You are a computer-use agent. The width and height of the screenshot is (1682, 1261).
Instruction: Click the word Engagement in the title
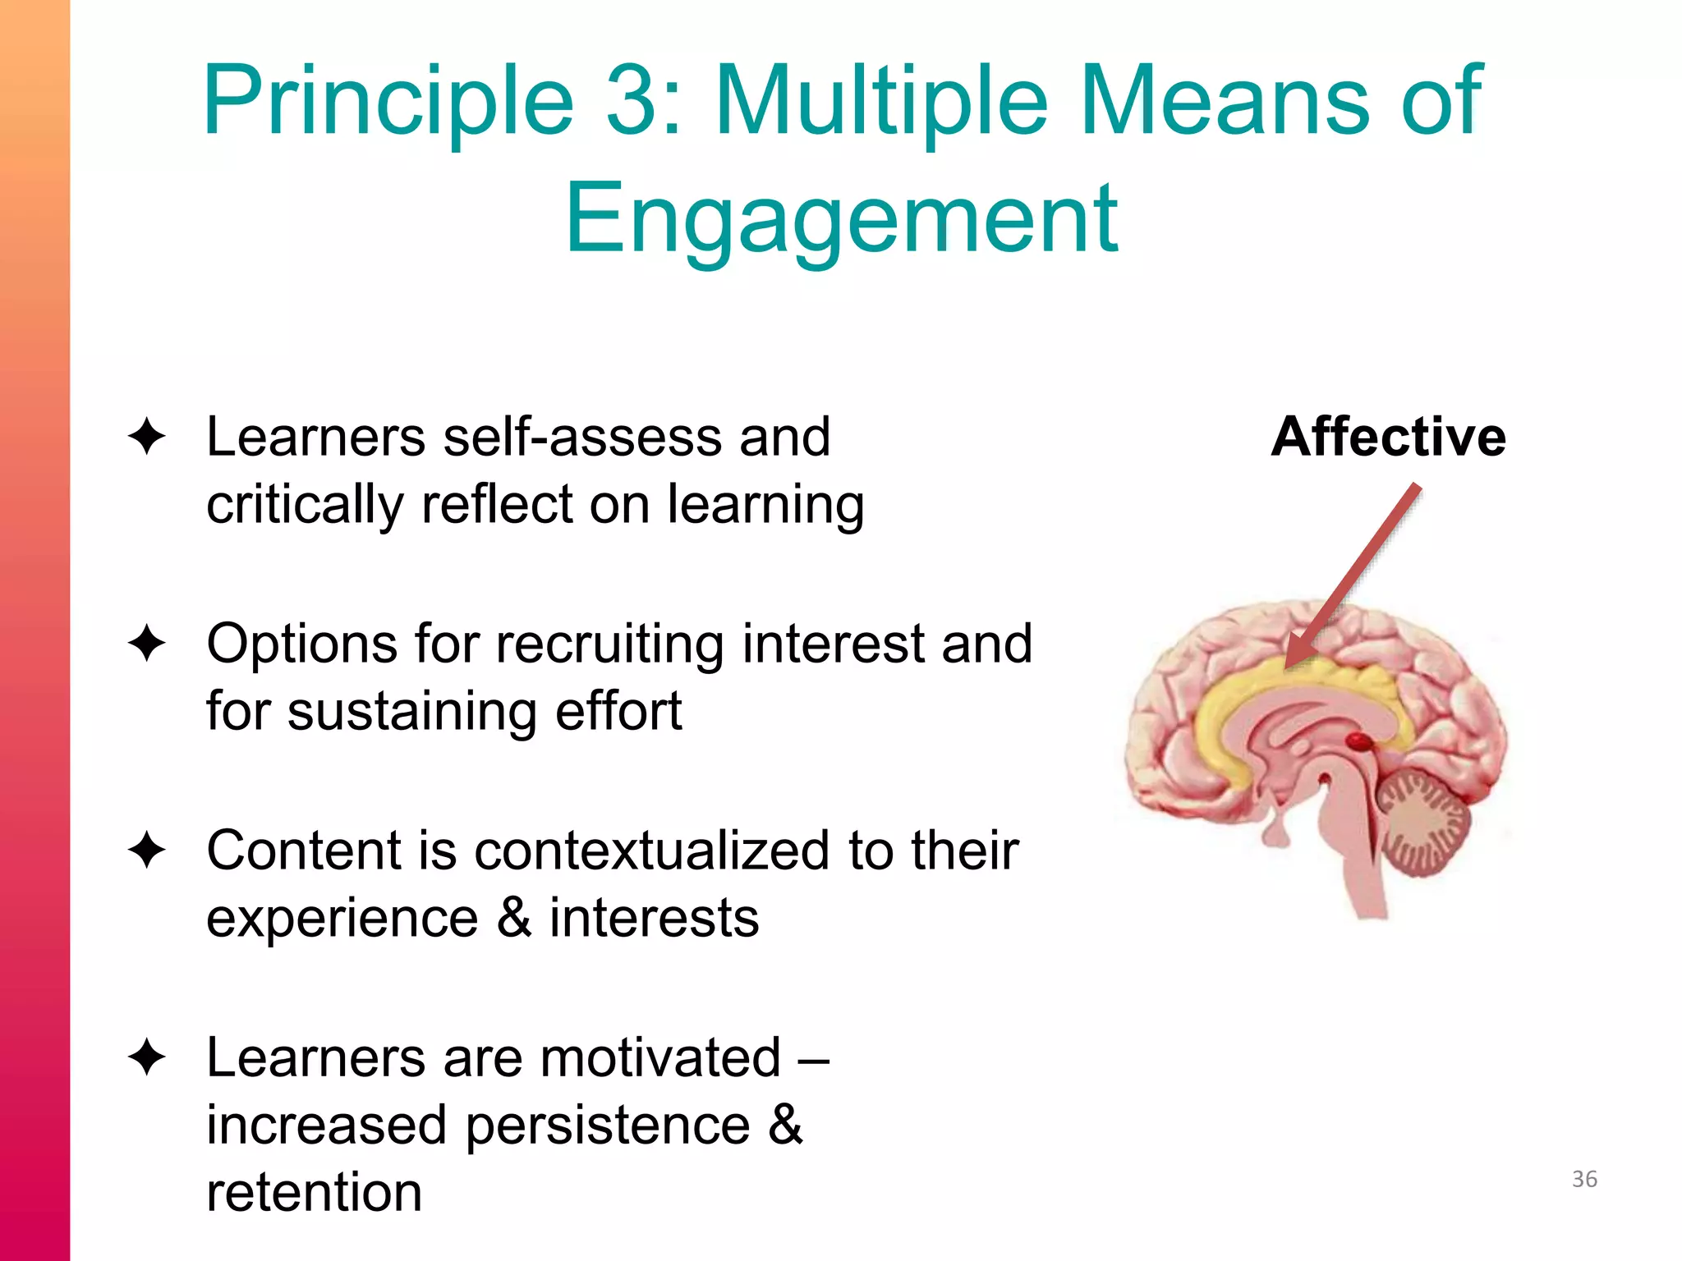841,220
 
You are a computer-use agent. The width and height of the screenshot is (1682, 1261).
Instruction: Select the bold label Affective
1388,437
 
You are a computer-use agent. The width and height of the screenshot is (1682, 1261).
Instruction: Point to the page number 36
1584,1179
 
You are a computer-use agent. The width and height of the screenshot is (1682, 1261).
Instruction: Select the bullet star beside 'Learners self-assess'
148,437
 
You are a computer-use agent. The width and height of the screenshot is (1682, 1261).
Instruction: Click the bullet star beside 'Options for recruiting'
148,644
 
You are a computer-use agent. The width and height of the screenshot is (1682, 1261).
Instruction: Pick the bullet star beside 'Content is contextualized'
148,851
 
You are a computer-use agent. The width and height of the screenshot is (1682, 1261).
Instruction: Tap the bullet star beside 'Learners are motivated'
148,1057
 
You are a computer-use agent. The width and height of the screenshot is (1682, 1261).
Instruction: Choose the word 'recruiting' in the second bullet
610,644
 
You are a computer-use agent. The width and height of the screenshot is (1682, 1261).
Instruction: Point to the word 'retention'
314,1192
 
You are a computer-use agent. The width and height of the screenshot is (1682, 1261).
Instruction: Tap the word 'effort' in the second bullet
618,711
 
